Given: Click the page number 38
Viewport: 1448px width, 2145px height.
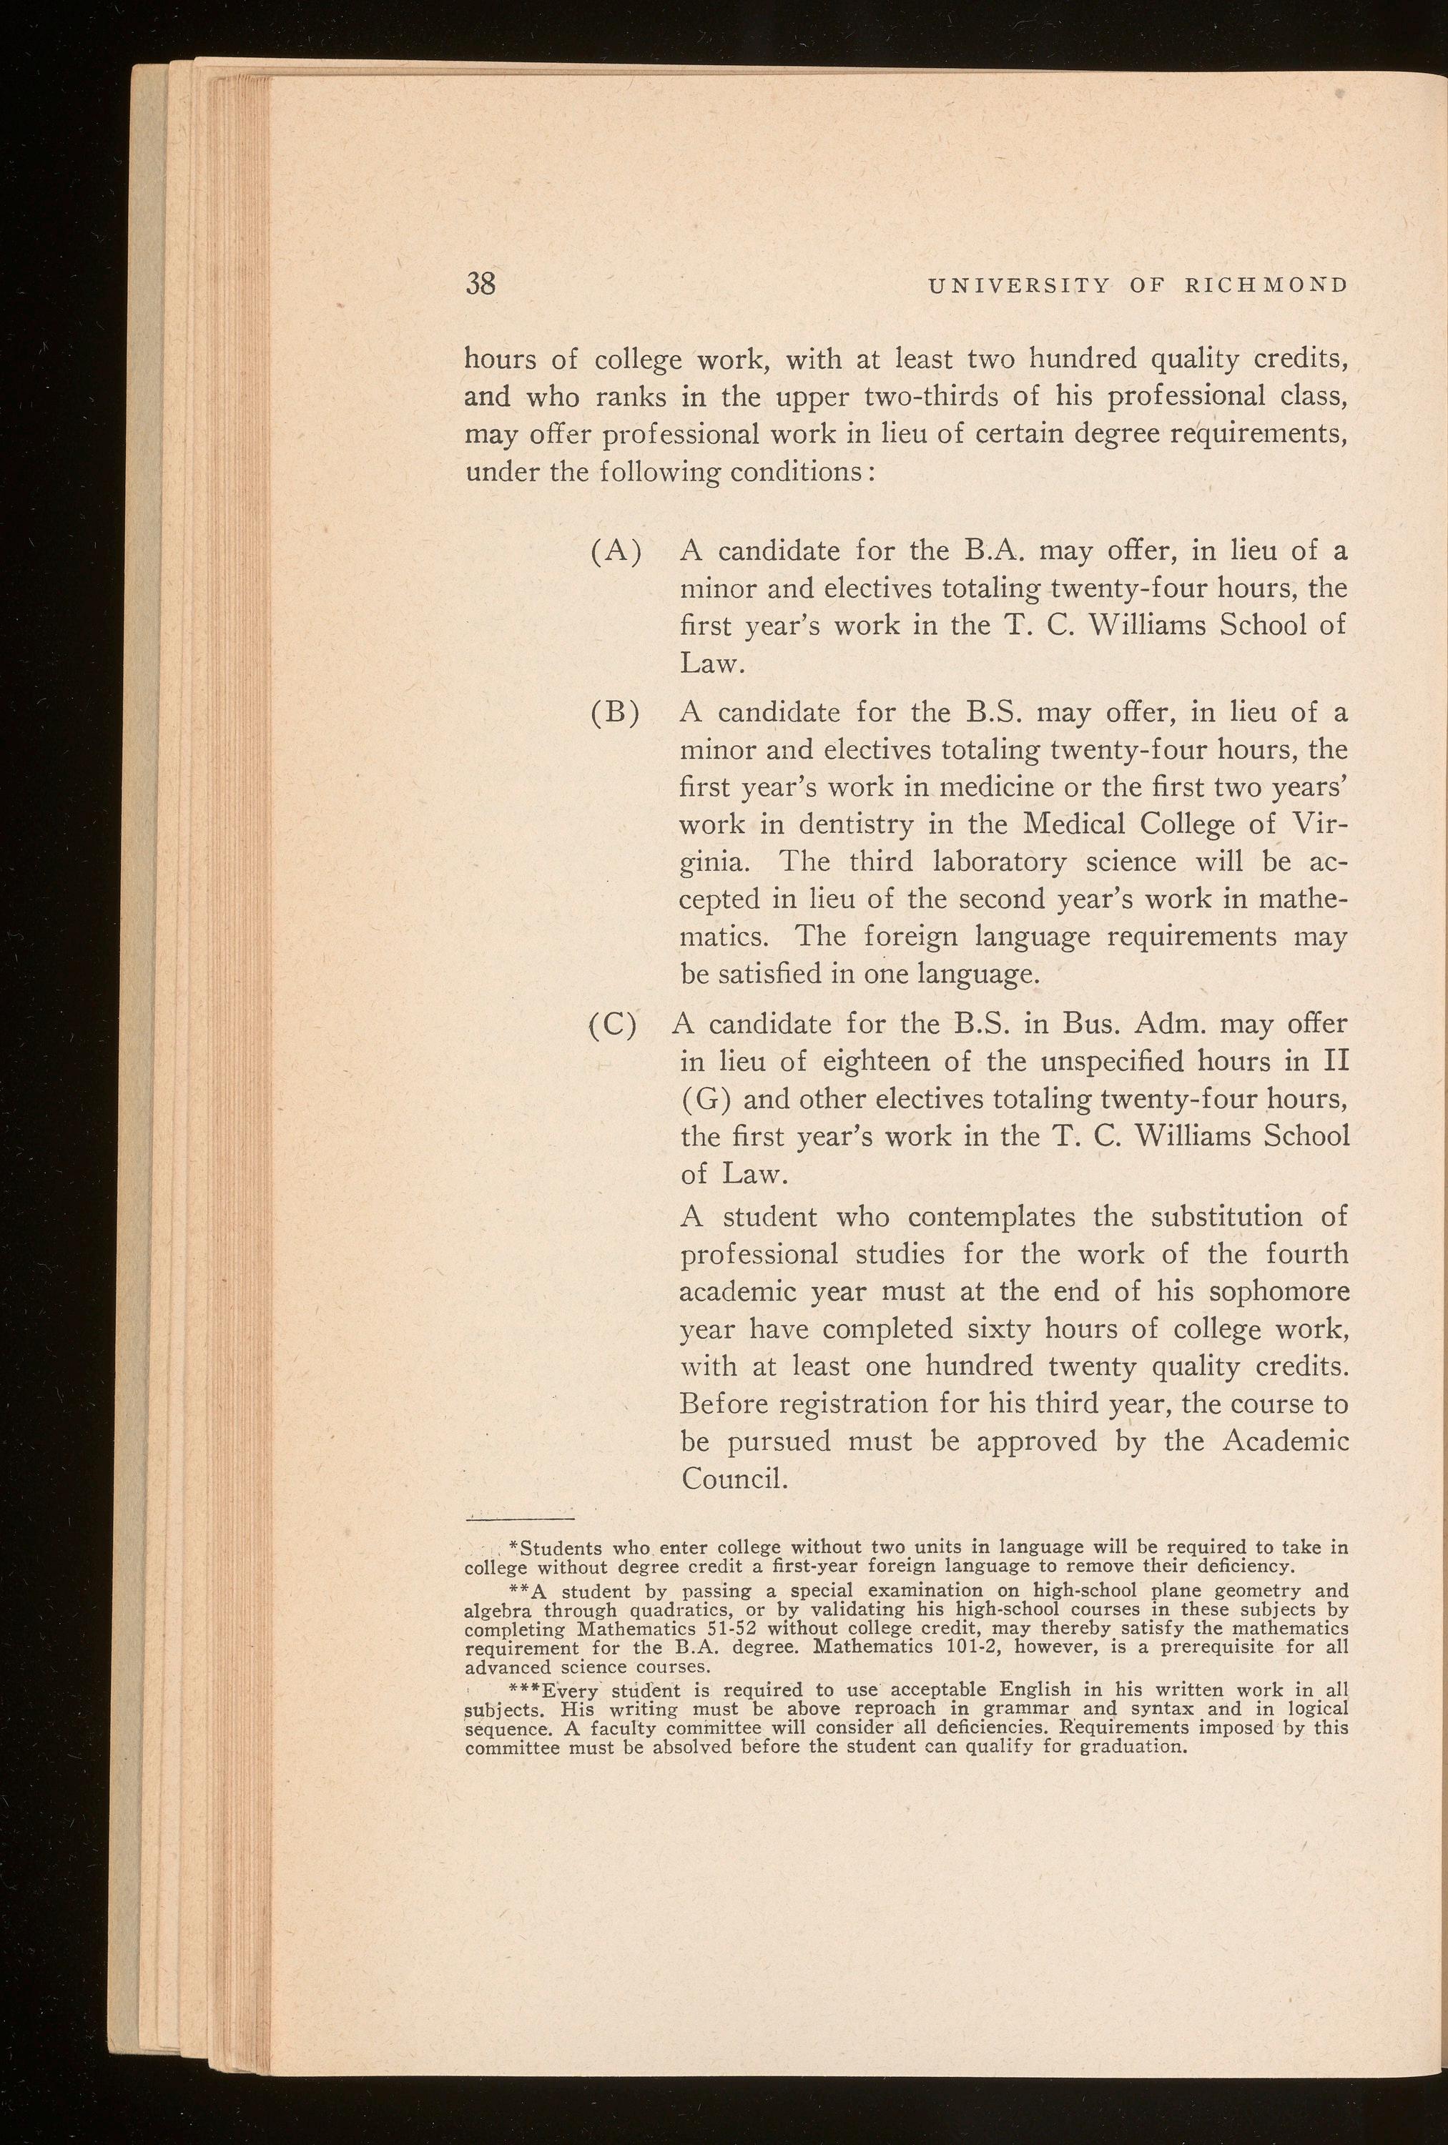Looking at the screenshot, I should tap(480, 283).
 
